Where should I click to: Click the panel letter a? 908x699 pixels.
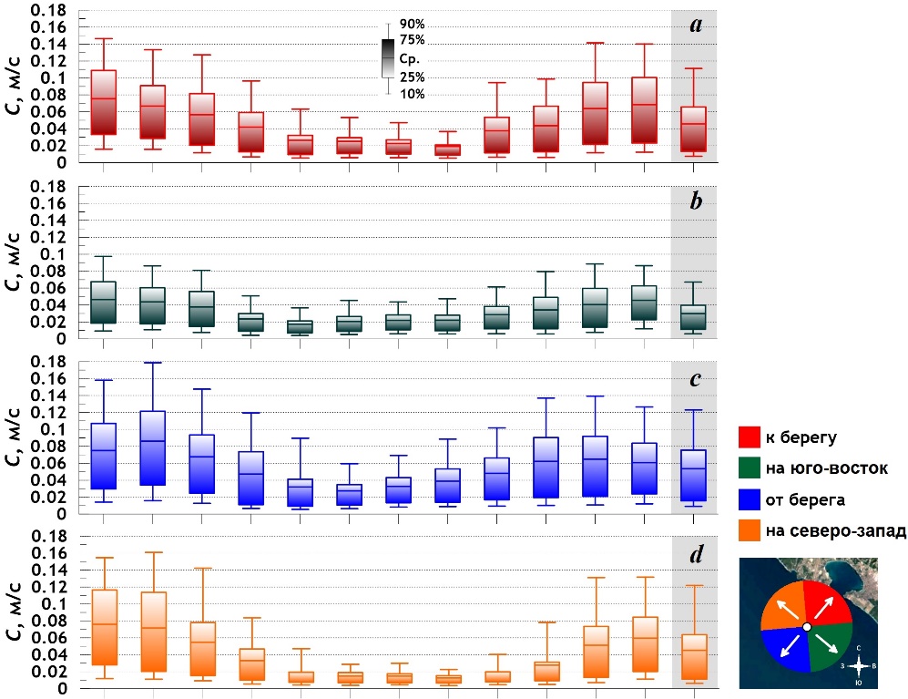[x=695, y=25]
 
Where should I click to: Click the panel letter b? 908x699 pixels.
[x=695, y=200]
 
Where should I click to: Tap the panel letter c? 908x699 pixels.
[x=695, y=375]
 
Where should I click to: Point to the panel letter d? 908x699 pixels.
[x=695, y=552]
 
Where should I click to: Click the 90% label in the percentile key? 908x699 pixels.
[x=412, y=25]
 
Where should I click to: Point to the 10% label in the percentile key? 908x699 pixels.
[x=412, y=94]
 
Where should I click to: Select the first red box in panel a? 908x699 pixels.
[x=104, y=102]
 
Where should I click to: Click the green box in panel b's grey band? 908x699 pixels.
[x=694, y=317]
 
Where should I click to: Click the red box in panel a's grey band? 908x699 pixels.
[x=694, y=128]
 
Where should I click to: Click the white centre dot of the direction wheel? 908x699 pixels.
[x=807, y=627]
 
